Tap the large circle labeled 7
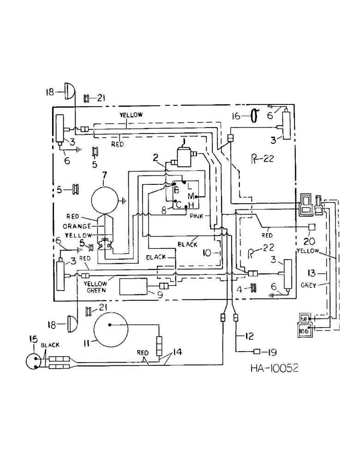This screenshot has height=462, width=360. pos(105,201)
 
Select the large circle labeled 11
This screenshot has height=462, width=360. pos(111,330)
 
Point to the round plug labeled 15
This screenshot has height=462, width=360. pos(33,361)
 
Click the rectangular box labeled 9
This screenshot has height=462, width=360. pos(133,287)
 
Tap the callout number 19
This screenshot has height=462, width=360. pos(272,353)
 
